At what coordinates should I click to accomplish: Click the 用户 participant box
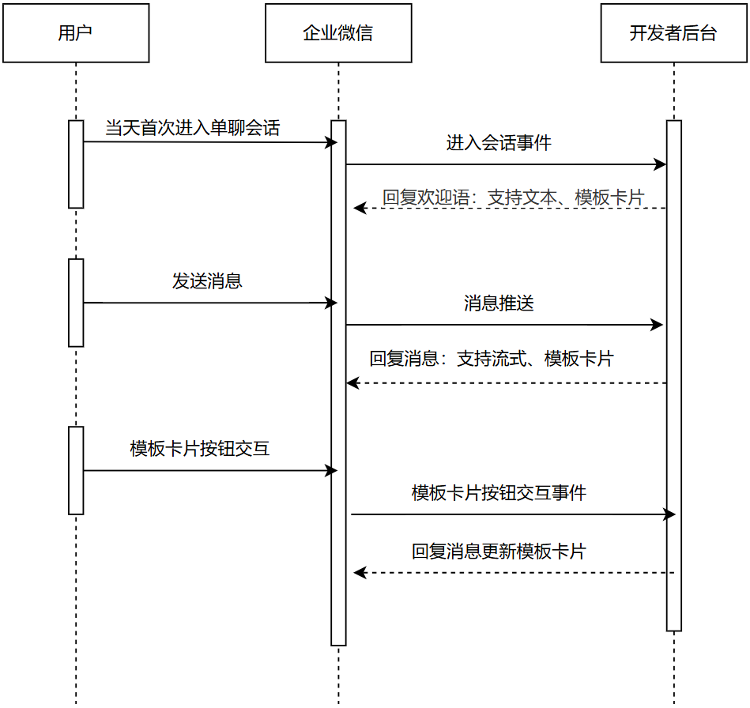(x=76, y=33)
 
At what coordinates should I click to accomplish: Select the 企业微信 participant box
(x=338, y=33)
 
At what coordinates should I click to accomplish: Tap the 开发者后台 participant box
(x=673, y=33)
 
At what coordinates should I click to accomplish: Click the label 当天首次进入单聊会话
(x=193, y=128)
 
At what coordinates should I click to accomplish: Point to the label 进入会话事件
(x=499, y=143)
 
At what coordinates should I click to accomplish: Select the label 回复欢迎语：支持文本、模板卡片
(x=513, y=198)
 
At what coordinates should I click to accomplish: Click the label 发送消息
(x=207, y=281)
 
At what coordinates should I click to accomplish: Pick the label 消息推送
(x=499, y=303)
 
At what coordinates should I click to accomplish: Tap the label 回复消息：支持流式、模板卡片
(x=492, y=359)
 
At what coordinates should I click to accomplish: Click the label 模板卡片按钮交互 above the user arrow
(x=200, y=449)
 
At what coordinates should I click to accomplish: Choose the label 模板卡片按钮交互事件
(x=499, y=493)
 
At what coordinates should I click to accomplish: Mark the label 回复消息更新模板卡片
(x=499, y=552)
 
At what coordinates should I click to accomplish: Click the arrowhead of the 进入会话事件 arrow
(x=661, y=164)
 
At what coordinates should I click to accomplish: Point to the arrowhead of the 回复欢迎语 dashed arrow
(x=359, y=208)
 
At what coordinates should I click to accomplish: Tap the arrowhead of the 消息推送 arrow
(x=657, y=325)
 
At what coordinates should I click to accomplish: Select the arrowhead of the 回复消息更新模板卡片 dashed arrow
(x=359, y=573)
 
